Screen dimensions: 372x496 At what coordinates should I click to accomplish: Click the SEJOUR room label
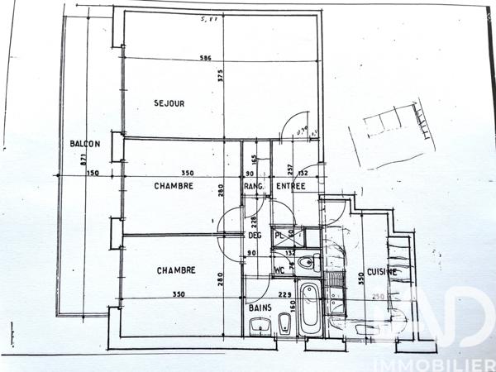click(169, 103)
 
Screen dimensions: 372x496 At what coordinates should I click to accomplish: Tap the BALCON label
click(85, 144)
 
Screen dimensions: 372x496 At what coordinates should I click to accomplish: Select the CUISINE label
click(383, 271)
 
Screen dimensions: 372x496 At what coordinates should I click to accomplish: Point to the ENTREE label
click(291, 187)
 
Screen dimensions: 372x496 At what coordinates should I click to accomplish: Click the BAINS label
click(261, 308)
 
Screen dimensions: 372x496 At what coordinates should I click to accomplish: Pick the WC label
click(281, 269)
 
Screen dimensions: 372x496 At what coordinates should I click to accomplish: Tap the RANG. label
click(254, 187)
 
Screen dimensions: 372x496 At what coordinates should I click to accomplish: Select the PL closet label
click(279, 235)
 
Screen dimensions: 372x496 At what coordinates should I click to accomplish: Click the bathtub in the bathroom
click(309, 310)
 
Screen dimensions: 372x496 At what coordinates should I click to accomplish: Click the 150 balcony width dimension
click(92, 173)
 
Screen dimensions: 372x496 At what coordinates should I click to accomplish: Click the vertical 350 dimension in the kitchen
click(360, 279)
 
